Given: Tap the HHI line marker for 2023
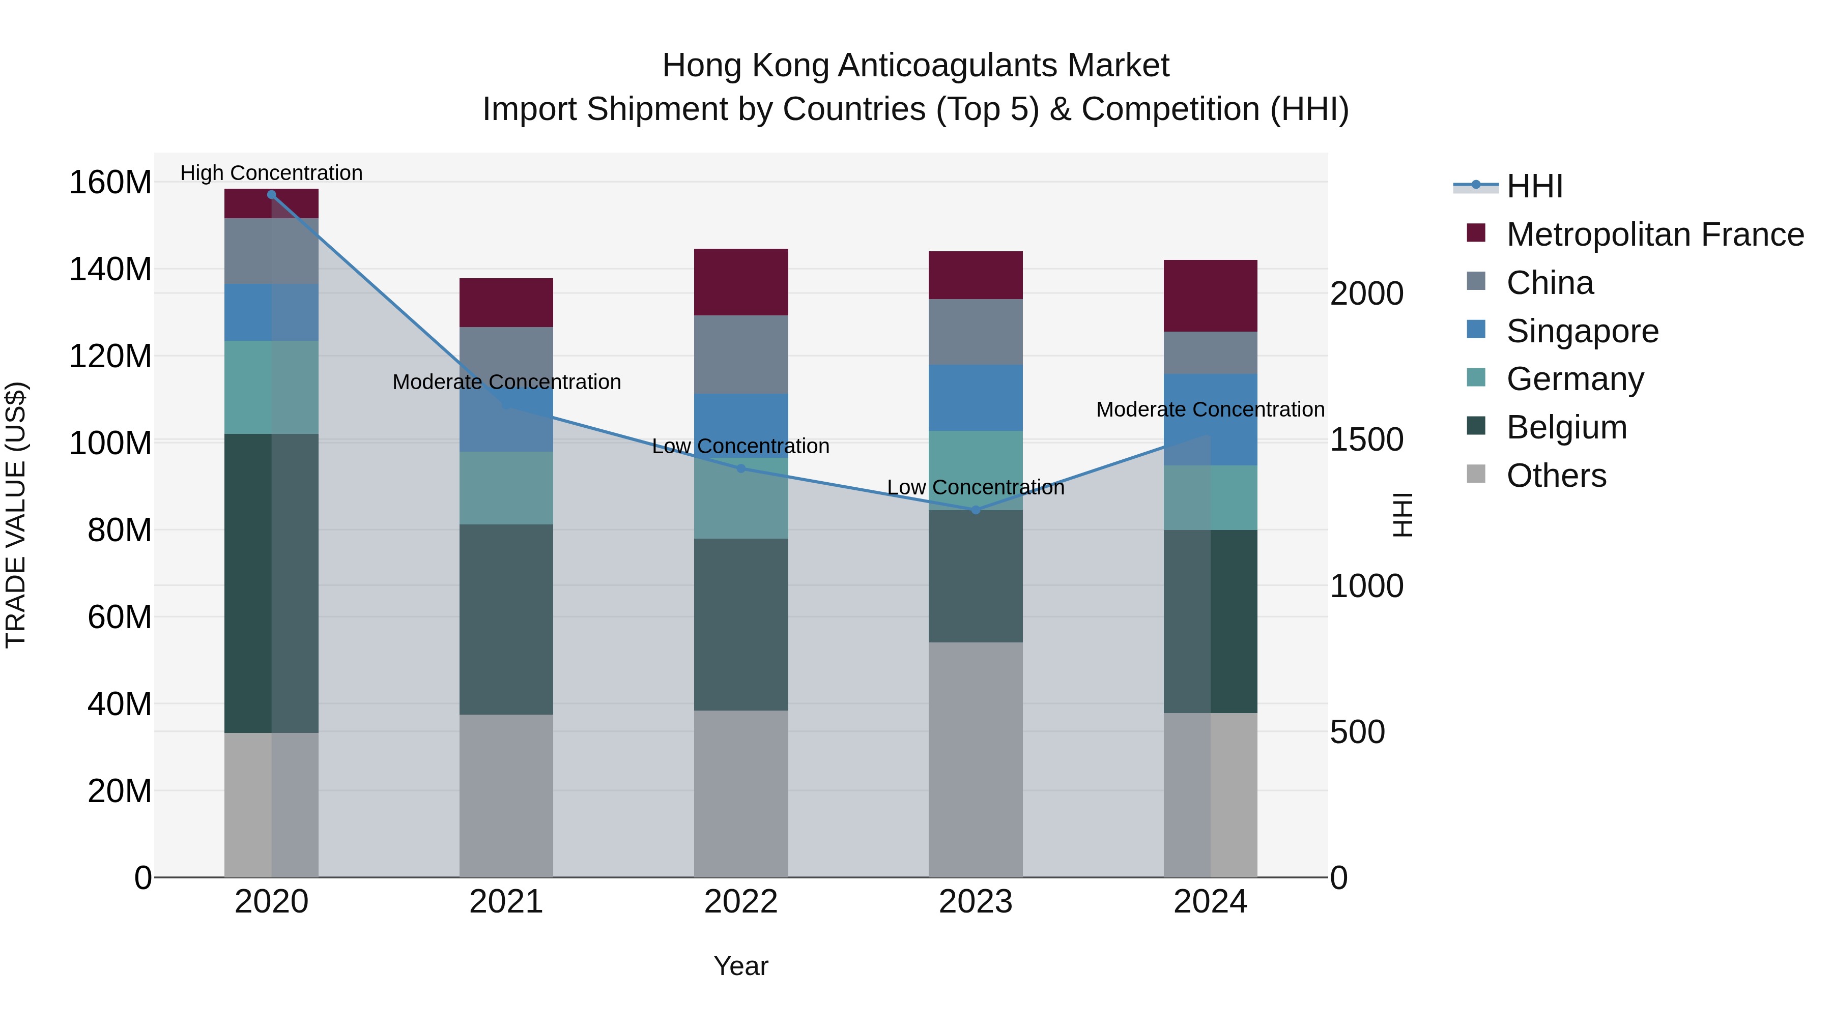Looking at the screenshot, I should (x=975, y=510).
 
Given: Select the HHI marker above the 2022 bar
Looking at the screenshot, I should (x=740, y=468).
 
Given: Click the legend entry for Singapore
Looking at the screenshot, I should (x=1582, y=331).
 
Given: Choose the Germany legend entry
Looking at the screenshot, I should (x=1575, y=379).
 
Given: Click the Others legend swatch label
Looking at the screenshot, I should (x=1556, y=476).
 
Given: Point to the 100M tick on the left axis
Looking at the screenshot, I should (x=110, y=443).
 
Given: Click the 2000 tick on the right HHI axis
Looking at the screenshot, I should (x=1366, y=293).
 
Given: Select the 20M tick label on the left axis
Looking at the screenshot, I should (x=120, y=790).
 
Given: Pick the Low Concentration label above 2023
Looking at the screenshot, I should (x=975, y=488).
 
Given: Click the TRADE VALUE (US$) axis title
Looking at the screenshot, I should (x=16, y=515).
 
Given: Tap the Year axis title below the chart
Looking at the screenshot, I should (x=740, y=966).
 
